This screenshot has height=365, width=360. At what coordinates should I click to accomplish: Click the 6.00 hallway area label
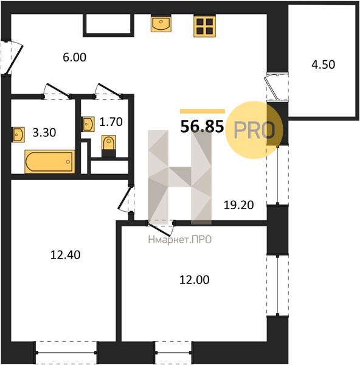[74, 57]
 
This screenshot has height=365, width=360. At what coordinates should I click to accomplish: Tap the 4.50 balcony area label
[324, 64]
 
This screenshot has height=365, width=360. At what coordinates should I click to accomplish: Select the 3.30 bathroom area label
[44, 133]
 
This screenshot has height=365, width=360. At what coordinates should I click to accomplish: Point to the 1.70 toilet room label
[111, 122]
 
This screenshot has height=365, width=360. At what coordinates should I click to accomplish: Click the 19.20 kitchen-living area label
[238, 205]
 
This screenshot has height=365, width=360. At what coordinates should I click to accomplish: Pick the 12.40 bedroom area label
[66, 255]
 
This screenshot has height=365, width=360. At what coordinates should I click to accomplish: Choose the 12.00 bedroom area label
[195, 280]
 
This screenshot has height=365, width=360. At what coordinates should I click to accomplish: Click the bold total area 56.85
[202, 127]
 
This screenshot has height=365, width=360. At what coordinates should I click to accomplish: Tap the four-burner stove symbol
[204, 26]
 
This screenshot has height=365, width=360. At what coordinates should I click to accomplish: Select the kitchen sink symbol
[161, 23]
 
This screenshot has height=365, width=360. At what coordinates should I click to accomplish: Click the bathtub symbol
[50, 162]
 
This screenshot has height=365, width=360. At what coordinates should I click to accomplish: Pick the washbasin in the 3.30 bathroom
[18, 134]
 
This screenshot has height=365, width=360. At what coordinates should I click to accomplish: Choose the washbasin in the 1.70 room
[89, 124]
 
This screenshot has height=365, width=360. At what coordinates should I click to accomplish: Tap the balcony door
[276, 86]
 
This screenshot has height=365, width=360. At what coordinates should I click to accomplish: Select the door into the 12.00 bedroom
[161, 228]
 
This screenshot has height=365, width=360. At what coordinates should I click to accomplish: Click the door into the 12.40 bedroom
[126, 199]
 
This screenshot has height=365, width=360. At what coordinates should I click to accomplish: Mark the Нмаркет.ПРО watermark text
[180, 240]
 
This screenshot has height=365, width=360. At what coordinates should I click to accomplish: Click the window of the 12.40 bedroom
[66, 352]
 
